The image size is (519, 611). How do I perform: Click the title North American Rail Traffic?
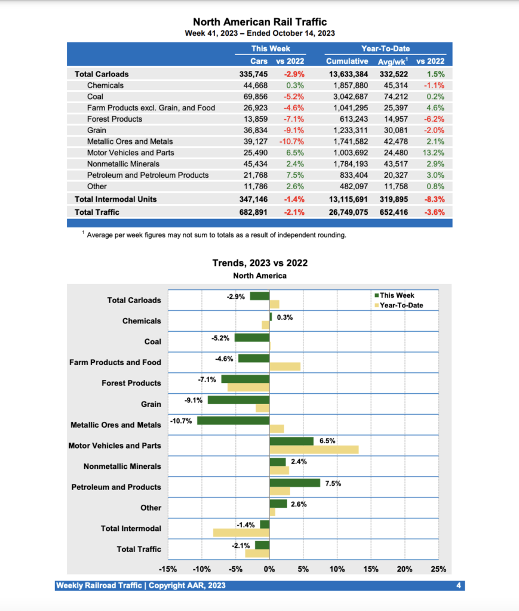260,22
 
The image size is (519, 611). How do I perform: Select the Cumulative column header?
346,61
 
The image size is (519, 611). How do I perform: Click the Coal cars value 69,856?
253,97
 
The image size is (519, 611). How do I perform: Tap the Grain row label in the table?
97,130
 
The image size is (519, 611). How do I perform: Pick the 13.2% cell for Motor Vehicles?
434,153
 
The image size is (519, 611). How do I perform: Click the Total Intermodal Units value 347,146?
253,199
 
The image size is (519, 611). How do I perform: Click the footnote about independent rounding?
216,235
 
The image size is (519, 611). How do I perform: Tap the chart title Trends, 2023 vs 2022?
260,263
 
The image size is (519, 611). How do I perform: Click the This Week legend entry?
397,295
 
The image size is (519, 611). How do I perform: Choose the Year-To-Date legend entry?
401,305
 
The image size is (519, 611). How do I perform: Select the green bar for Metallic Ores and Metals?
233,421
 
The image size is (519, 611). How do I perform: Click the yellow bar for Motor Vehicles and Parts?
314,449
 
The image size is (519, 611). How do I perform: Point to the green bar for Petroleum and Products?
294,483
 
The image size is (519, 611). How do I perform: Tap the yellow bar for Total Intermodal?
241,532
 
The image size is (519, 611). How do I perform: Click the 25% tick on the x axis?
438,569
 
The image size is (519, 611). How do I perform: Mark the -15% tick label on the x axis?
168,569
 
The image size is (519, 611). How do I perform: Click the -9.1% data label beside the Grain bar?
194,400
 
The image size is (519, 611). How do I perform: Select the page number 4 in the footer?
458,585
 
